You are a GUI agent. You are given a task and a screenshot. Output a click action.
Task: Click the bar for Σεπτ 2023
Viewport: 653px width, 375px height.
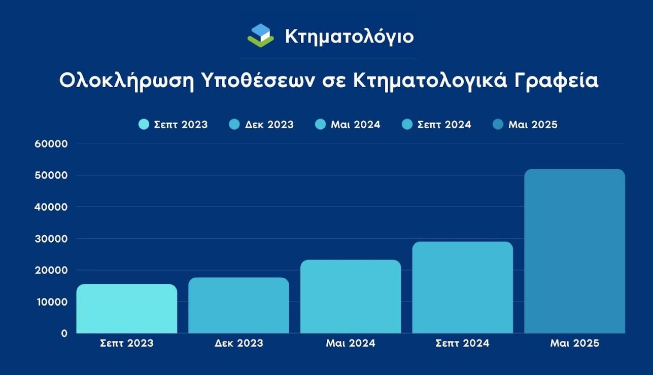(127, 309)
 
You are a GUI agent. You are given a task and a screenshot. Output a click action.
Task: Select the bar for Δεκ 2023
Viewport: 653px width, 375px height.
(239, 306)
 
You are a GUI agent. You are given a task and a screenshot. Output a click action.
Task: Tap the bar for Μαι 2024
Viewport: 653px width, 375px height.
(351, 296)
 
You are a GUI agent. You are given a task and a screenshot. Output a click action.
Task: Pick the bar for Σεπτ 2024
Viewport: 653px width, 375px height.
(463, 287)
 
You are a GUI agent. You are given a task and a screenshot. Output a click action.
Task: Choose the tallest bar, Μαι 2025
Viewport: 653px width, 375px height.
(574, 251)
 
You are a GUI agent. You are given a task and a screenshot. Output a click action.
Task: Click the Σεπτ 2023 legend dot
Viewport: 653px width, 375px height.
(144, 124)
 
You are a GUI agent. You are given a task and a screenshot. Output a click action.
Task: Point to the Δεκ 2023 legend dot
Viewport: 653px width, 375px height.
(234, 124)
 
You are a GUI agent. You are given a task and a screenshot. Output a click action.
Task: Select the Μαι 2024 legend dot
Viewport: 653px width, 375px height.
(320, 124)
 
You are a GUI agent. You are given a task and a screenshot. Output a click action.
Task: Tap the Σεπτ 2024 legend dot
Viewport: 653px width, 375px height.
(407, 124)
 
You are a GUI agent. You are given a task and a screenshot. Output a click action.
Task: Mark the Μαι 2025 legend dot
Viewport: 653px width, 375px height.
(498, 124)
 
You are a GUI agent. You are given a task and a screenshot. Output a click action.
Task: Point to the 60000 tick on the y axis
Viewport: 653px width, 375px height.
(51, 144)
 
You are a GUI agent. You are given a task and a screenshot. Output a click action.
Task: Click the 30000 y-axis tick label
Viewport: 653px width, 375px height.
(51, 239)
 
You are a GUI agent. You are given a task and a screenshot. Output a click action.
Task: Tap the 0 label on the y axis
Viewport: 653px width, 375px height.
(64, 333)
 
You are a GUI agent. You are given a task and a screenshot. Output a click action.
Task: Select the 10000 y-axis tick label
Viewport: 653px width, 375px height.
(52, 302)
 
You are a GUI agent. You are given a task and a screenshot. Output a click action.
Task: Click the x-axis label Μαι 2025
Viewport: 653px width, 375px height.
(574, 343)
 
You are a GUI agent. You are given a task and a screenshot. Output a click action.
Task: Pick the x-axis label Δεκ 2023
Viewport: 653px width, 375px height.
(239, 343)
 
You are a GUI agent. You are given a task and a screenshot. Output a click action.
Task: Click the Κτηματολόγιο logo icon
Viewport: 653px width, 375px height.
(261, 35)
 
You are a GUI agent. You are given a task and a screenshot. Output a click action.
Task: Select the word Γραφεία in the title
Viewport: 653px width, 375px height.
(556, 81)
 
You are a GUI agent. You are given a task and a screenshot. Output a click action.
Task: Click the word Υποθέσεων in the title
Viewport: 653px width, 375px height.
(258, 81)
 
